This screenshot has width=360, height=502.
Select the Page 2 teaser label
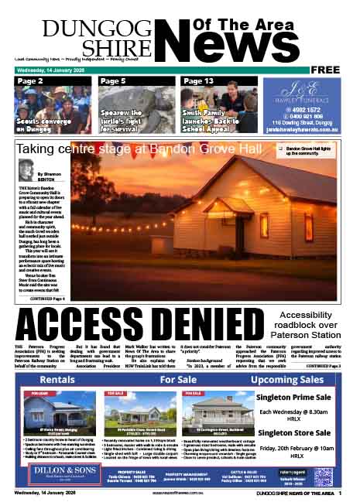tap(30, 81)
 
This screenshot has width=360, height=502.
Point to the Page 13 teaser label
tap(198, 81)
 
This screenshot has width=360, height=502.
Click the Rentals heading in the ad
tap(57, 381)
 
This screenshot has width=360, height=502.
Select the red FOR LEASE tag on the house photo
tap(39, 394)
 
